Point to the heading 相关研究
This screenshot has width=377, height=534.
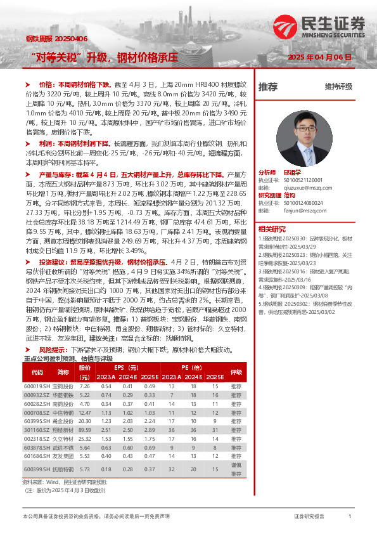[272, 229]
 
